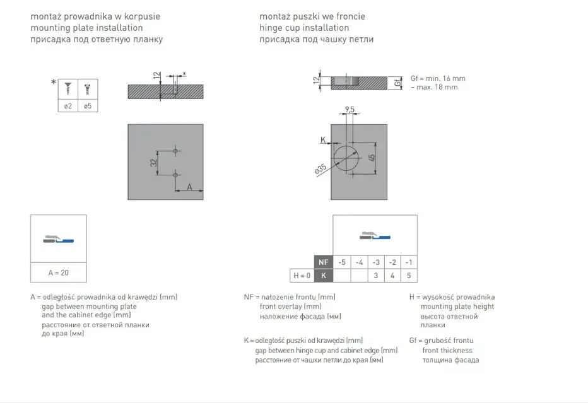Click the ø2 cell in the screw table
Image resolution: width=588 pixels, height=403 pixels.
pyautogui.click(x=68, y=106)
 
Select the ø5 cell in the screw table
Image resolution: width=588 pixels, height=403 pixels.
pyautogui.click(x=88, y=106)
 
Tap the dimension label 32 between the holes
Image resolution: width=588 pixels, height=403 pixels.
pyautogui.click(x=153, y=163)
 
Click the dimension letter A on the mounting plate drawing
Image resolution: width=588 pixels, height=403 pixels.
pyautogui.click(x=190, y=187)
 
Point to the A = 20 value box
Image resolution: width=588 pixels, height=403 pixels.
pyautogui.click(x=59, y=272)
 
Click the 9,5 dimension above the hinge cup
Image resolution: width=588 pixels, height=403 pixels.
pyautogui.click(x=350, y=110)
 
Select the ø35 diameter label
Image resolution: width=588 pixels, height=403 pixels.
pyautogui.click(x=320, y=170)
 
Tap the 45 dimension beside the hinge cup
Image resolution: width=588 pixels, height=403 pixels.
pyautogui.click(x=372, y=158)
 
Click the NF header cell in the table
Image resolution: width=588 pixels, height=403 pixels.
pyautogui.click(x=323, y=262)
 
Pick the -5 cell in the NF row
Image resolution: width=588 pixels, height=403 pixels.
pyautogui.click(x=342, y=262)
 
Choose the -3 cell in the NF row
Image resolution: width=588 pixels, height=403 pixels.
pyautogui.click(x=376, y=262)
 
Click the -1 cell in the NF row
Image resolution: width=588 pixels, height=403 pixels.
pyautogui.click(x=409, y=262)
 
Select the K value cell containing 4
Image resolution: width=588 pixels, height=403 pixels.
pyautogui.click(x=392, y=276)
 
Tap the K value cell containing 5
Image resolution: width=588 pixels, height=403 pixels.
pyautogui.click(x=409, y=276)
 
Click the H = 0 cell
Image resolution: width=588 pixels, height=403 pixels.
pyautogui.click(x=302, y=276)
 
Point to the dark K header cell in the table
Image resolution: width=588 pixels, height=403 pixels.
pyautogui.click(x=323, y=276)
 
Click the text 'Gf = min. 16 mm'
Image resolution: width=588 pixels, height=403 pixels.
pyautogui.click(x=438, y=78)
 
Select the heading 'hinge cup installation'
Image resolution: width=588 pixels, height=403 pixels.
pyautogui.click(x=304, y=28)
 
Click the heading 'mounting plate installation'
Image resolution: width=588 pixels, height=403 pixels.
pyautogui.click(x=86, y=28)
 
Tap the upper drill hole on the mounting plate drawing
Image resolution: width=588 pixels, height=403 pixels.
pyautogui.click(x=175, y=151)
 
